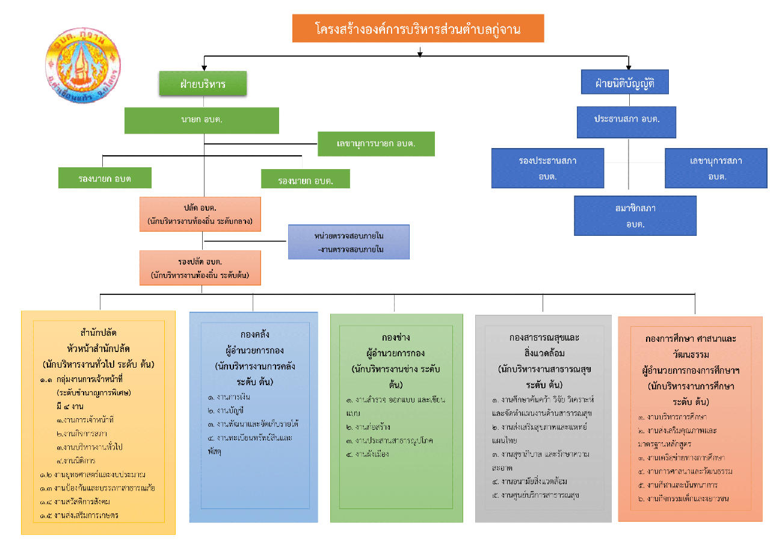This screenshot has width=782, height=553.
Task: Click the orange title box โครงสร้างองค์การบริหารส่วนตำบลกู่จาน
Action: (418, 28)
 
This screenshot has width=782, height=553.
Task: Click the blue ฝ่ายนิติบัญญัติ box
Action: (625, 82)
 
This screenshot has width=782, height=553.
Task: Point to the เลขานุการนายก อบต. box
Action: (376, 144)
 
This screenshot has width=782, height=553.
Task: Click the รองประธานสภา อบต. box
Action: (547, 168)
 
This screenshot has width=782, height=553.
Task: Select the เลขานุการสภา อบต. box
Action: (716, 168)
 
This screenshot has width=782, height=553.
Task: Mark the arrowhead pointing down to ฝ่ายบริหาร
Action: (205, 66)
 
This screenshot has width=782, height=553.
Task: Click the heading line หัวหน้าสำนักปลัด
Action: (99, 348)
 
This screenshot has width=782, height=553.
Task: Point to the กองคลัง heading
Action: (253, 335)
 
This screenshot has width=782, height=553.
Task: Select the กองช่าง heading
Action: (395, 336)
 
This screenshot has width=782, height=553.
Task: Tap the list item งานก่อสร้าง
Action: (369, 427)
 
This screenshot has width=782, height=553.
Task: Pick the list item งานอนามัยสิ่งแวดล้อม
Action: (529, 481)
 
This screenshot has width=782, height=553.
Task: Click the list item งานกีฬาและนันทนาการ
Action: (677, 484)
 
